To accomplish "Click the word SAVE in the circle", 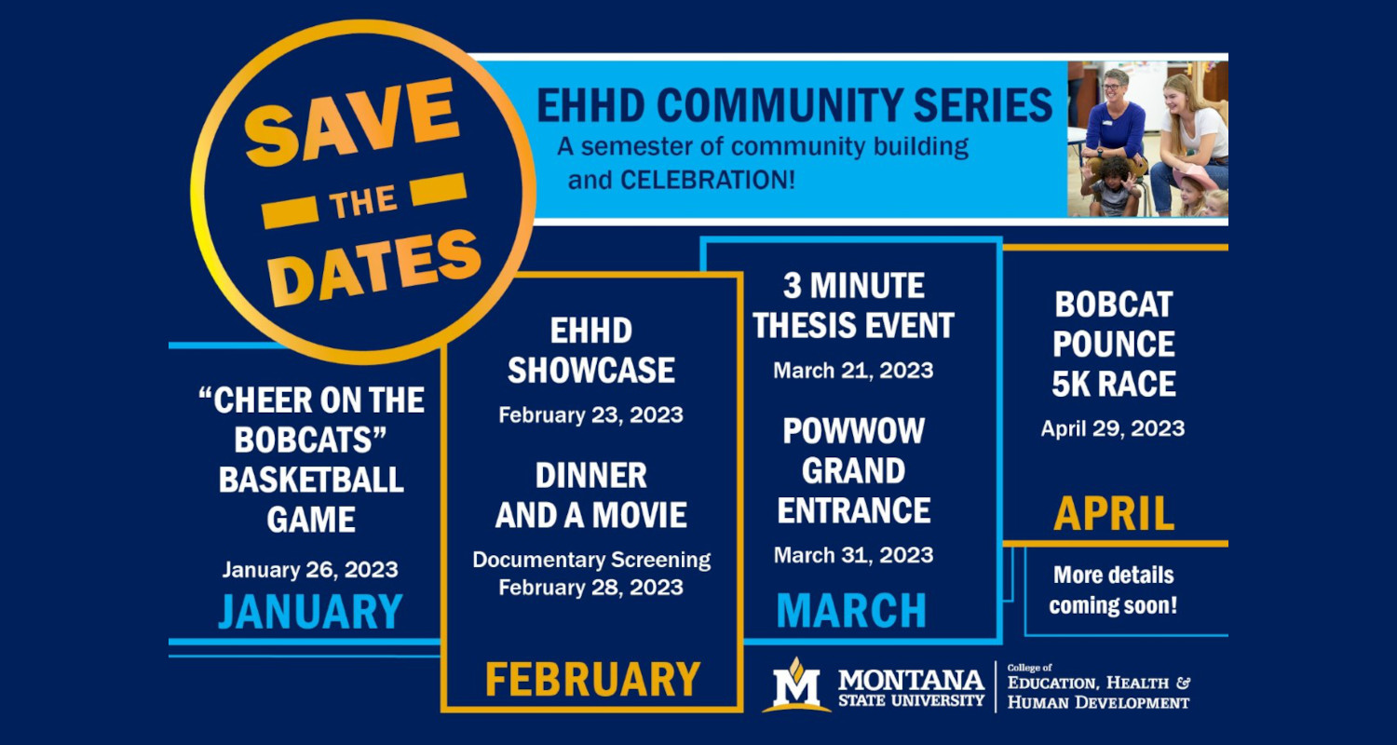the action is click(x=351, y=122).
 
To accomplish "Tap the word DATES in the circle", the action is click(x=374, y=268).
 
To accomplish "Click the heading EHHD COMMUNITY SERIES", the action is click(x=794, y=105).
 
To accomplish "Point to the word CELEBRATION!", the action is click(x=708, y=180).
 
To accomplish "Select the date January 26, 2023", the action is click(x=310, y=570).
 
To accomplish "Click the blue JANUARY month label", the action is click(x=310, y=612).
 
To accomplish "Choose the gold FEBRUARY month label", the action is click(x=592, y=679).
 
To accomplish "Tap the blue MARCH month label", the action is click(x=851, y=610).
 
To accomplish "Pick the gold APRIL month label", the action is click(x=1114, y=514).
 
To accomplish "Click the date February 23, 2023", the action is click(x=590, y=415).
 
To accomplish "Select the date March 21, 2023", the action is click(x=853, y=371).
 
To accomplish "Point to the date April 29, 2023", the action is click(x=1113, y=429).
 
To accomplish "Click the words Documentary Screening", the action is click(x=591, y=560).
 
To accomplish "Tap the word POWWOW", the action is click(x=853, y=431).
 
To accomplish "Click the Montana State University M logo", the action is click(x=796, y=684).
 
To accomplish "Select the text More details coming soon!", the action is click(x=1113, y=589).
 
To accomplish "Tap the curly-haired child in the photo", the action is click(x=1112, y=187).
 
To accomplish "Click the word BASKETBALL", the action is click(x=311, y=480).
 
